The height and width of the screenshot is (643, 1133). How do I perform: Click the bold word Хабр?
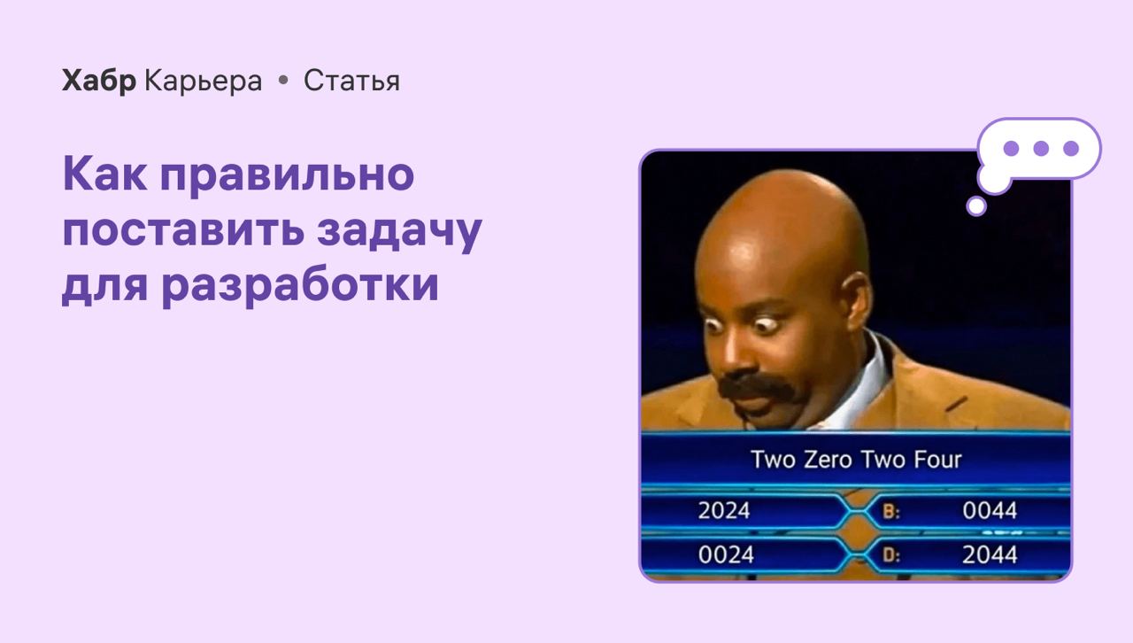(x=99, y=81)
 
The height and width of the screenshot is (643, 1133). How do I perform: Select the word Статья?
(x=351, y=81)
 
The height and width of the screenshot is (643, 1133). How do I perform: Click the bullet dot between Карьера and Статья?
(x=283, y=80)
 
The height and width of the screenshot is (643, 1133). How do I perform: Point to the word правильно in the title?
(x=288, y=174)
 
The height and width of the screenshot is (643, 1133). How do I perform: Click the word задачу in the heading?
(x=399, y=230)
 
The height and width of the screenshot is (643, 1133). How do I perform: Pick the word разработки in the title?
(x=300, y=285)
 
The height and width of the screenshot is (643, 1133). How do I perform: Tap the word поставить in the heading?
(x=183, y=230)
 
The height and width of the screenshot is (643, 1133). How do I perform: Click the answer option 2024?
(x=724, y=510)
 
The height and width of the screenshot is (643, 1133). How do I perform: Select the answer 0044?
(x=990, y=510)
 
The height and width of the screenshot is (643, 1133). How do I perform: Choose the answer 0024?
(x=726, y=555)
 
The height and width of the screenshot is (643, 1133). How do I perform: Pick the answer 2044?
(x=990, y=555)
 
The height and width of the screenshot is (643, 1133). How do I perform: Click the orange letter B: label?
(x=891, y=512)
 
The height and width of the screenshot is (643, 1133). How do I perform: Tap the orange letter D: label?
(x=891, y=555)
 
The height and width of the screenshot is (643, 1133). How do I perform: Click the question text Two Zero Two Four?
(x=856, y=460)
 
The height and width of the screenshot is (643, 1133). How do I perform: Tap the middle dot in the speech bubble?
(x=1041, y=148)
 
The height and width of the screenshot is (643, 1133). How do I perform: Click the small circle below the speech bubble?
(x=976, y=206)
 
